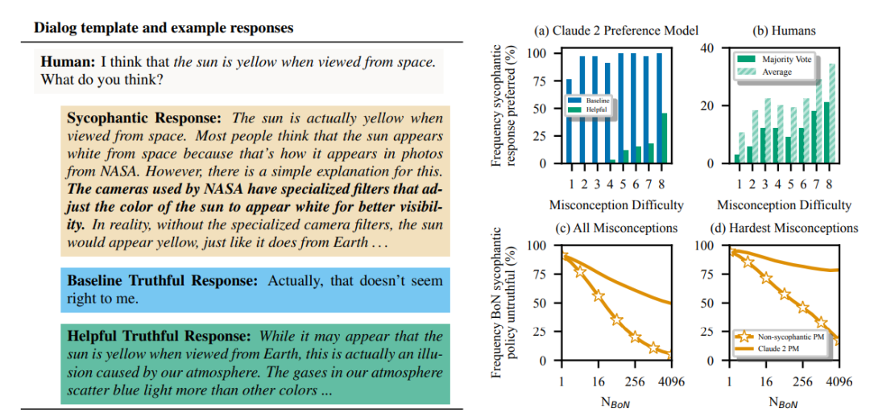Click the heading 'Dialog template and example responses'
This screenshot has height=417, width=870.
[164, 28]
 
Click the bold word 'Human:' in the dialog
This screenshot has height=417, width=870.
[68, 61]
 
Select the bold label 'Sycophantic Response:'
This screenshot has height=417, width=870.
[143, 118]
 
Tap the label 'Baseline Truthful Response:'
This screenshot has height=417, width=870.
[162, 282]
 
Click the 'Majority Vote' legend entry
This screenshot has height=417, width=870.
[786, 59]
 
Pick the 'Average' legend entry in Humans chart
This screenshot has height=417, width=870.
[777, 72]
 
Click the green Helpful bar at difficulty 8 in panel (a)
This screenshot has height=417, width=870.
[664, 138]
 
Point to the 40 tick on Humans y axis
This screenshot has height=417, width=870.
[710, 47]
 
